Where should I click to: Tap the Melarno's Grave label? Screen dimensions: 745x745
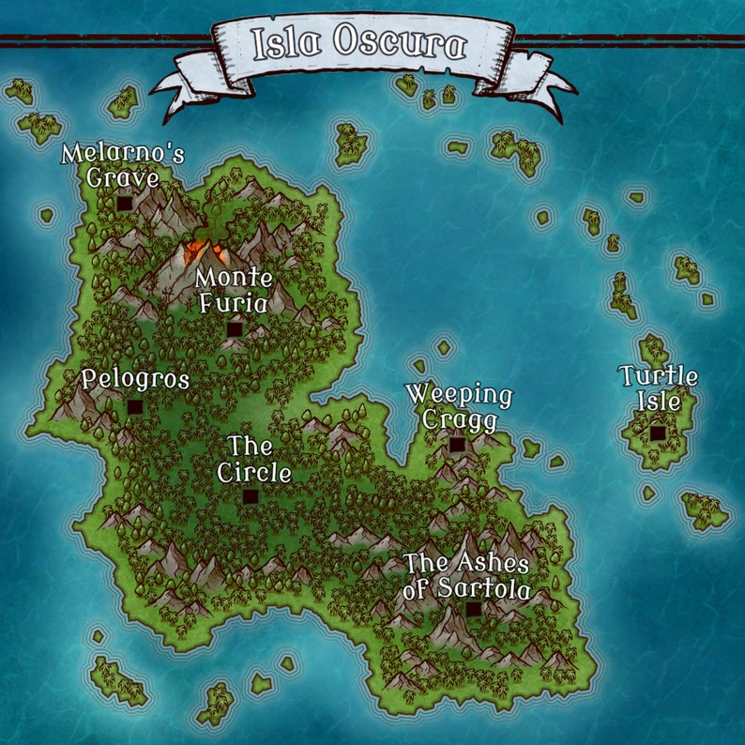click(110, 164)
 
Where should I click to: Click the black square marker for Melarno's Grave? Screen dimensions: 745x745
click(124, 203)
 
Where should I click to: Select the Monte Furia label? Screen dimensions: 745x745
click(234, 291)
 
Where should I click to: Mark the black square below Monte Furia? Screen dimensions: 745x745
click(234, 329)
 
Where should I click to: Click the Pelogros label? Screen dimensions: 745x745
click(135, 380)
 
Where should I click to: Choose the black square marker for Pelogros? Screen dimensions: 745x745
click(135, 407)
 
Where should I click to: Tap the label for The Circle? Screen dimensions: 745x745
click(253, 459)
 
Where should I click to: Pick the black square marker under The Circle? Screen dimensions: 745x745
click(251, 496)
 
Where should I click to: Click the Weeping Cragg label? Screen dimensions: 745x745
click(459, 407)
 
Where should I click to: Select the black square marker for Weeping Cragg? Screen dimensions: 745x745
click(457, 445)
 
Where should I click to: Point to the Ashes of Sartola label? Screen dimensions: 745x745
click(466, 576)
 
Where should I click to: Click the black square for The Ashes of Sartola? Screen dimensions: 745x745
click(474, 609)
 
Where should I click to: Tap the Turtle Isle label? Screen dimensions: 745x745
click(658, 388)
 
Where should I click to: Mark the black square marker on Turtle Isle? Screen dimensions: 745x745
click(658, 433)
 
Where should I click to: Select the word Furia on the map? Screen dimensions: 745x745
click(234, 304)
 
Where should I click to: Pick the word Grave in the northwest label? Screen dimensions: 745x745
click(122, 176)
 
